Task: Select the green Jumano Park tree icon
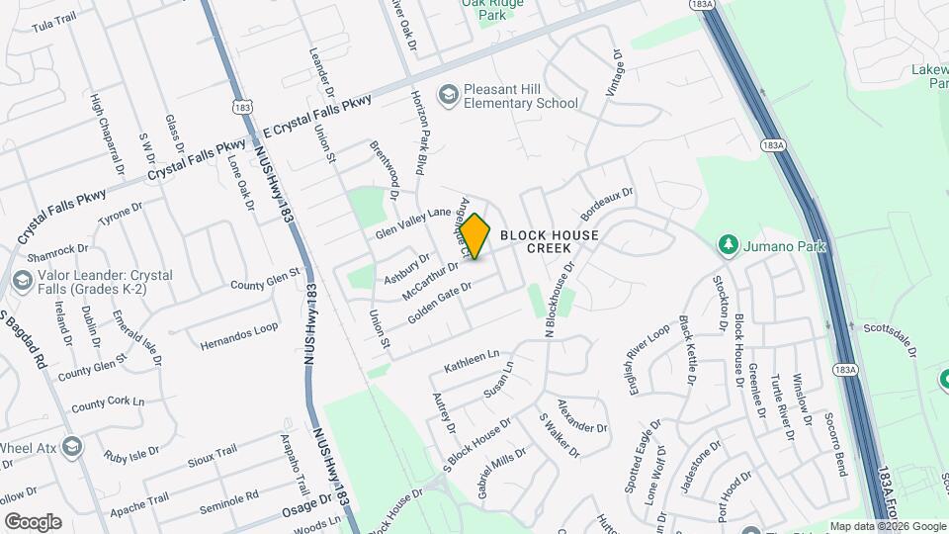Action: click(729, 243)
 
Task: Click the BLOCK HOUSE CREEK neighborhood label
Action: click(549, 241)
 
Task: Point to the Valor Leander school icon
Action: click(22, 282)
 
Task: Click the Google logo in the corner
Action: click(33, 522)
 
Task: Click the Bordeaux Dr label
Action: click(606, 204)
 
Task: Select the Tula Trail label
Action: click(53, 20)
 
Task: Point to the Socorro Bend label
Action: click(835, 444)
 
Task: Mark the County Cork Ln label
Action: click(108, 403)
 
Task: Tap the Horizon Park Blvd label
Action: click(421, 133)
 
